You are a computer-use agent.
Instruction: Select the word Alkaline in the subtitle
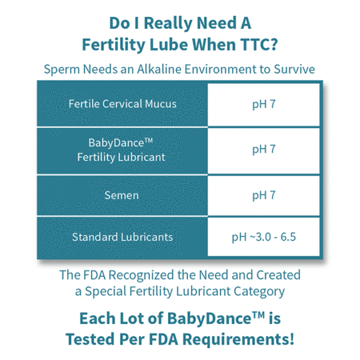pyautogui.click(x=160, y=69)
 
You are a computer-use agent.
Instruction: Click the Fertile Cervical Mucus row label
pyautogui.click(x=122, y=104)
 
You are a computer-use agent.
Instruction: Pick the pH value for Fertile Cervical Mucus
pyautogui.click(x=264, y=104)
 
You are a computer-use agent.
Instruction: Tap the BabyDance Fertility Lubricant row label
pyautogui.click(x=121, y=150)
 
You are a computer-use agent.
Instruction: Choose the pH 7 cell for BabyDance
pyautogui.click(x=264, y=150)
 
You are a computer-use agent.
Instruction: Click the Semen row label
pyautogui.click(x=121, y=196)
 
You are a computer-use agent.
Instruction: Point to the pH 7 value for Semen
pyautogui.click(x=264, y=196)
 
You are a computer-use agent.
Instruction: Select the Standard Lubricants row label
pyautogui.click(x=122, y=237)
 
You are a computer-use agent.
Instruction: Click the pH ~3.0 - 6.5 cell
pyautogui.click(x=264, y=237)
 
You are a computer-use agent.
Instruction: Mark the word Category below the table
pyautogui.click(x=259, y=292)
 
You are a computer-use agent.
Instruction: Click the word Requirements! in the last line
pyautogui.click(x=239, y=340)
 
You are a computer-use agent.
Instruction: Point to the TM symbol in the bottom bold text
pyautogui.click(x=258, y=315)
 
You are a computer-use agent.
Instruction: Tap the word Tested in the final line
pyautogui.click(x=91, y=340)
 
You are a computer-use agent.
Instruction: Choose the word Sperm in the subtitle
pyautogui.click(x=62, y=70)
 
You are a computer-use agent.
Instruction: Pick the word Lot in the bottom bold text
pyautogui.click(x=131, y=318)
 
